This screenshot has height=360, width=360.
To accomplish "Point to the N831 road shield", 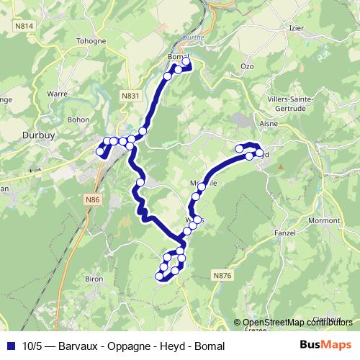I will [x=130, y=95].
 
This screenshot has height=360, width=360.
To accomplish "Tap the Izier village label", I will [x=296, y=27].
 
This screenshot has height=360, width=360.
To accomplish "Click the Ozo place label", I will [x=248, y=66].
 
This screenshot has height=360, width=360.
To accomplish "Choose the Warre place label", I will [x=57, y=94].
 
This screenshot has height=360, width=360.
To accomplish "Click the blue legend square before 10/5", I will [x=11, y=346].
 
